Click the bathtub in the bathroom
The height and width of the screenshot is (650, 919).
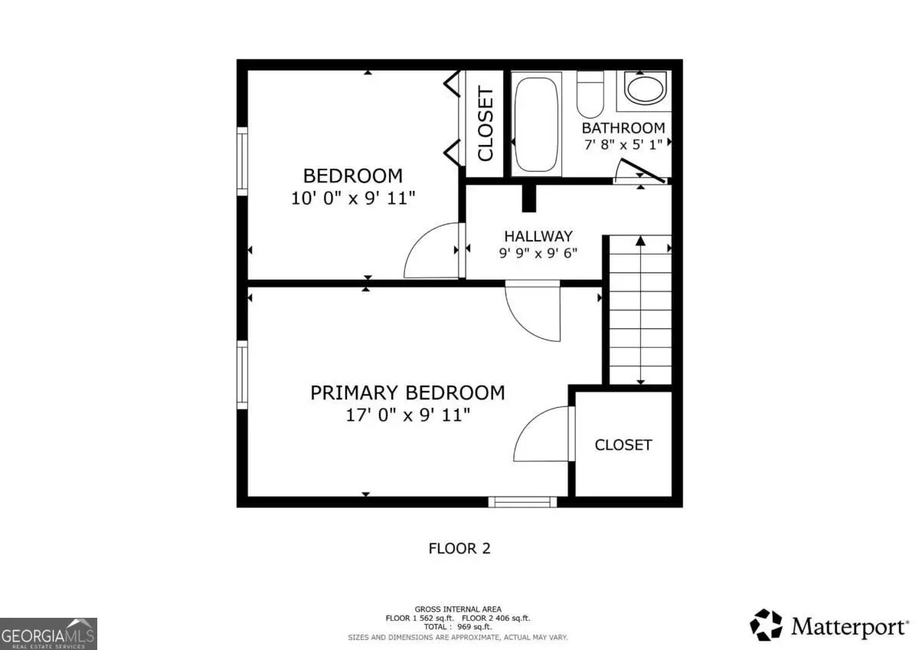tap(536, 124)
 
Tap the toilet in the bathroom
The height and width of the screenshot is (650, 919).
tap(590, 94)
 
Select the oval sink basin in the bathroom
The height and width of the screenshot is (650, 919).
tap(646, 88)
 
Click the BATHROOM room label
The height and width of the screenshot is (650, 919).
tap(623, 128)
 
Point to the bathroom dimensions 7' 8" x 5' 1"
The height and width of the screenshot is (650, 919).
tap(623, 145)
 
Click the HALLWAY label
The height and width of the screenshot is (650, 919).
tap(538, 236)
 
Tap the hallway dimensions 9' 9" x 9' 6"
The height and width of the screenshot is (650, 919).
tap(538, 253)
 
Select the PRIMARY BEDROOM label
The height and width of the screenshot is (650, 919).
tap(407, 392)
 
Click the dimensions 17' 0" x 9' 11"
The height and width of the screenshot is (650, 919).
tap(407, 415)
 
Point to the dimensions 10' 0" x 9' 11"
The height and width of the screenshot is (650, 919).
tap(353, 199)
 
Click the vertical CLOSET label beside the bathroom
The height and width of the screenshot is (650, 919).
tap(485, 123)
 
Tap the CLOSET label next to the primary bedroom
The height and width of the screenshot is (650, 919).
tap(623, 445)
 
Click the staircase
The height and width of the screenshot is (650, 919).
tap(640, 310)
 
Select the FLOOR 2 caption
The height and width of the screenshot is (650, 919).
tap(459, 549)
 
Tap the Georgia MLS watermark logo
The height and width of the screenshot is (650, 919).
tap(48, 634)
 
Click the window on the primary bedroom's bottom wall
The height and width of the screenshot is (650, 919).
tap(522, 502)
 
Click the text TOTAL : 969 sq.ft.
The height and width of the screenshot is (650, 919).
tap(458, 626)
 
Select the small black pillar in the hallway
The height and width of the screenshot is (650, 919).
tap(529, 199)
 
